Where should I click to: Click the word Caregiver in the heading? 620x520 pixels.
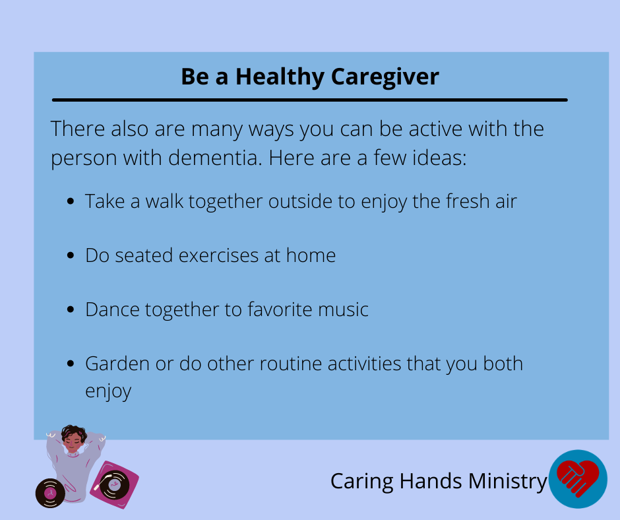385,77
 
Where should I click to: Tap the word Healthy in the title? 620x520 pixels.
280,77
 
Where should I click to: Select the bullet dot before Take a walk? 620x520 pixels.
71,201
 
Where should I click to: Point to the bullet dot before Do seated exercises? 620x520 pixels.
71,255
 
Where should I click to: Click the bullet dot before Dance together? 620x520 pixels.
71,309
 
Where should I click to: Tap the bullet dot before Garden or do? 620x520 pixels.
71,364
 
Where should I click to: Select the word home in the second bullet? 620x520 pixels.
311,255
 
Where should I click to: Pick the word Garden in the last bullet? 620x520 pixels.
117,364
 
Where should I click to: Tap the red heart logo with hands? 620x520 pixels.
578,479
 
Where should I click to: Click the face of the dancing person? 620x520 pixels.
73,441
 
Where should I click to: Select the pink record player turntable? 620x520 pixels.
114,484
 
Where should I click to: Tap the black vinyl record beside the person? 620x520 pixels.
50,493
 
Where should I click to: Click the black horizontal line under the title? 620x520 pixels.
310,100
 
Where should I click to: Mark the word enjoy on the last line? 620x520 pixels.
108,391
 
